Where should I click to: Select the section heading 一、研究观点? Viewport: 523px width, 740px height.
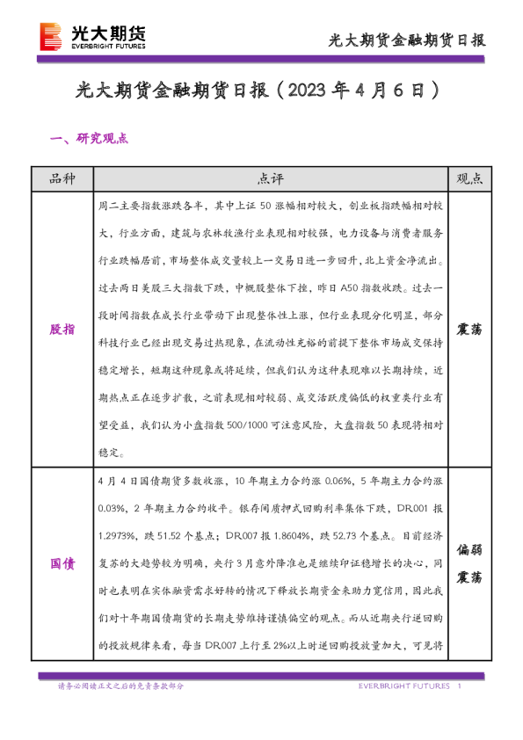click(x=91, y=138)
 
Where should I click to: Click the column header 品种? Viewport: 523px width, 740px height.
click(x=63, y=178)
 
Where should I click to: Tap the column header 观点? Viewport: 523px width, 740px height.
click(x=470, y=178)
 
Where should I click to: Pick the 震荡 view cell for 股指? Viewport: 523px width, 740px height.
click(x=470, y=329)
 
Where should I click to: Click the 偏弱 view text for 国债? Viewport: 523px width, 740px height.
click(x=470, y=551)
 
